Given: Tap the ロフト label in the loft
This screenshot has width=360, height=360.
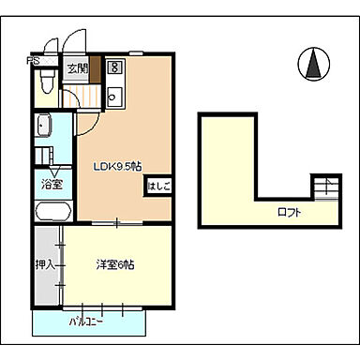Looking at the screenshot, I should pos(289,213).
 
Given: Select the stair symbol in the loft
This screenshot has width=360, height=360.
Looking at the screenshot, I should pos(324,188).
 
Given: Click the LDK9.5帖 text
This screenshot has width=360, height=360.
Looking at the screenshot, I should pos(116,167).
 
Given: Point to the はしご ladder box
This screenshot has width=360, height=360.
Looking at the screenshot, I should pos(157,187).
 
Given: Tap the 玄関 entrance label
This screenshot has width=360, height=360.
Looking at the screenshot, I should pos(77,69).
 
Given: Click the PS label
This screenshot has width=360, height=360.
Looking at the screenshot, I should pos(33,64).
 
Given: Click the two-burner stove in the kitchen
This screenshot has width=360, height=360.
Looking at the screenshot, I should pos(114,68).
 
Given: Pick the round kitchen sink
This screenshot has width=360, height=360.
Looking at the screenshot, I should pos(114,94).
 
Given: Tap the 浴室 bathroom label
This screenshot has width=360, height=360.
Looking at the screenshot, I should pos(52,185).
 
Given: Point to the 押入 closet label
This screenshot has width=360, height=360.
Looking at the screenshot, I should pos(43,265).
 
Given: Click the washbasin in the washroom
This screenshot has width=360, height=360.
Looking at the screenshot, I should pos(43,127).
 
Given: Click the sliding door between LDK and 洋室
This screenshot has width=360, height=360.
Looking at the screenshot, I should pos(117,223).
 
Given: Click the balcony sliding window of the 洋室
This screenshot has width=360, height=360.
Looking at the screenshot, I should pos(98,307).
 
